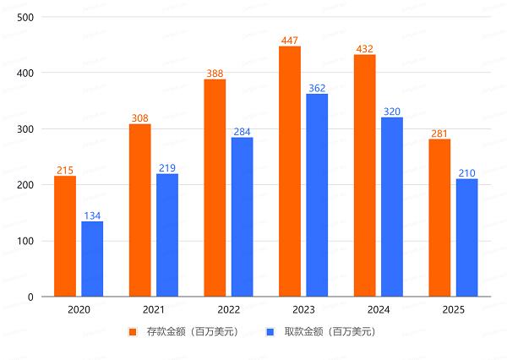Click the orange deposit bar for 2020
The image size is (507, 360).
(65, 237)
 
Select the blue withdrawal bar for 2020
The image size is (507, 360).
(92, 259)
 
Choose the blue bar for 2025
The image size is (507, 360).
(466, 237)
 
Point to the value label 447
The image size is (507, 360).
(290, 40)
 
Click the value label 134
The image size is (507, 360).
(92, 215)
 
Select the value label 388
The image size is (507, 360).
(215, 73)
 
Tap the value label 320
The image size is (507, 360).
(392, 111)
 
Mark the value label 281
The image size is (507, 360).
(439, 133)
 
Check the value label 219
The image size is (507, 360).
(167, 167)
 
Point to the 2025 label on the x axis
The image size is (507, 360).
(453, 310)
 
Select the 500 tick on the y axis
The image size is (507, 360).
(25, 17)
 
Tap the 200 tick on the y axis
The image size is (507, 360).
(25, 185)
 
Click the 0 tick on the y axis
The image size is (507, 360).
(30, 297)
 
